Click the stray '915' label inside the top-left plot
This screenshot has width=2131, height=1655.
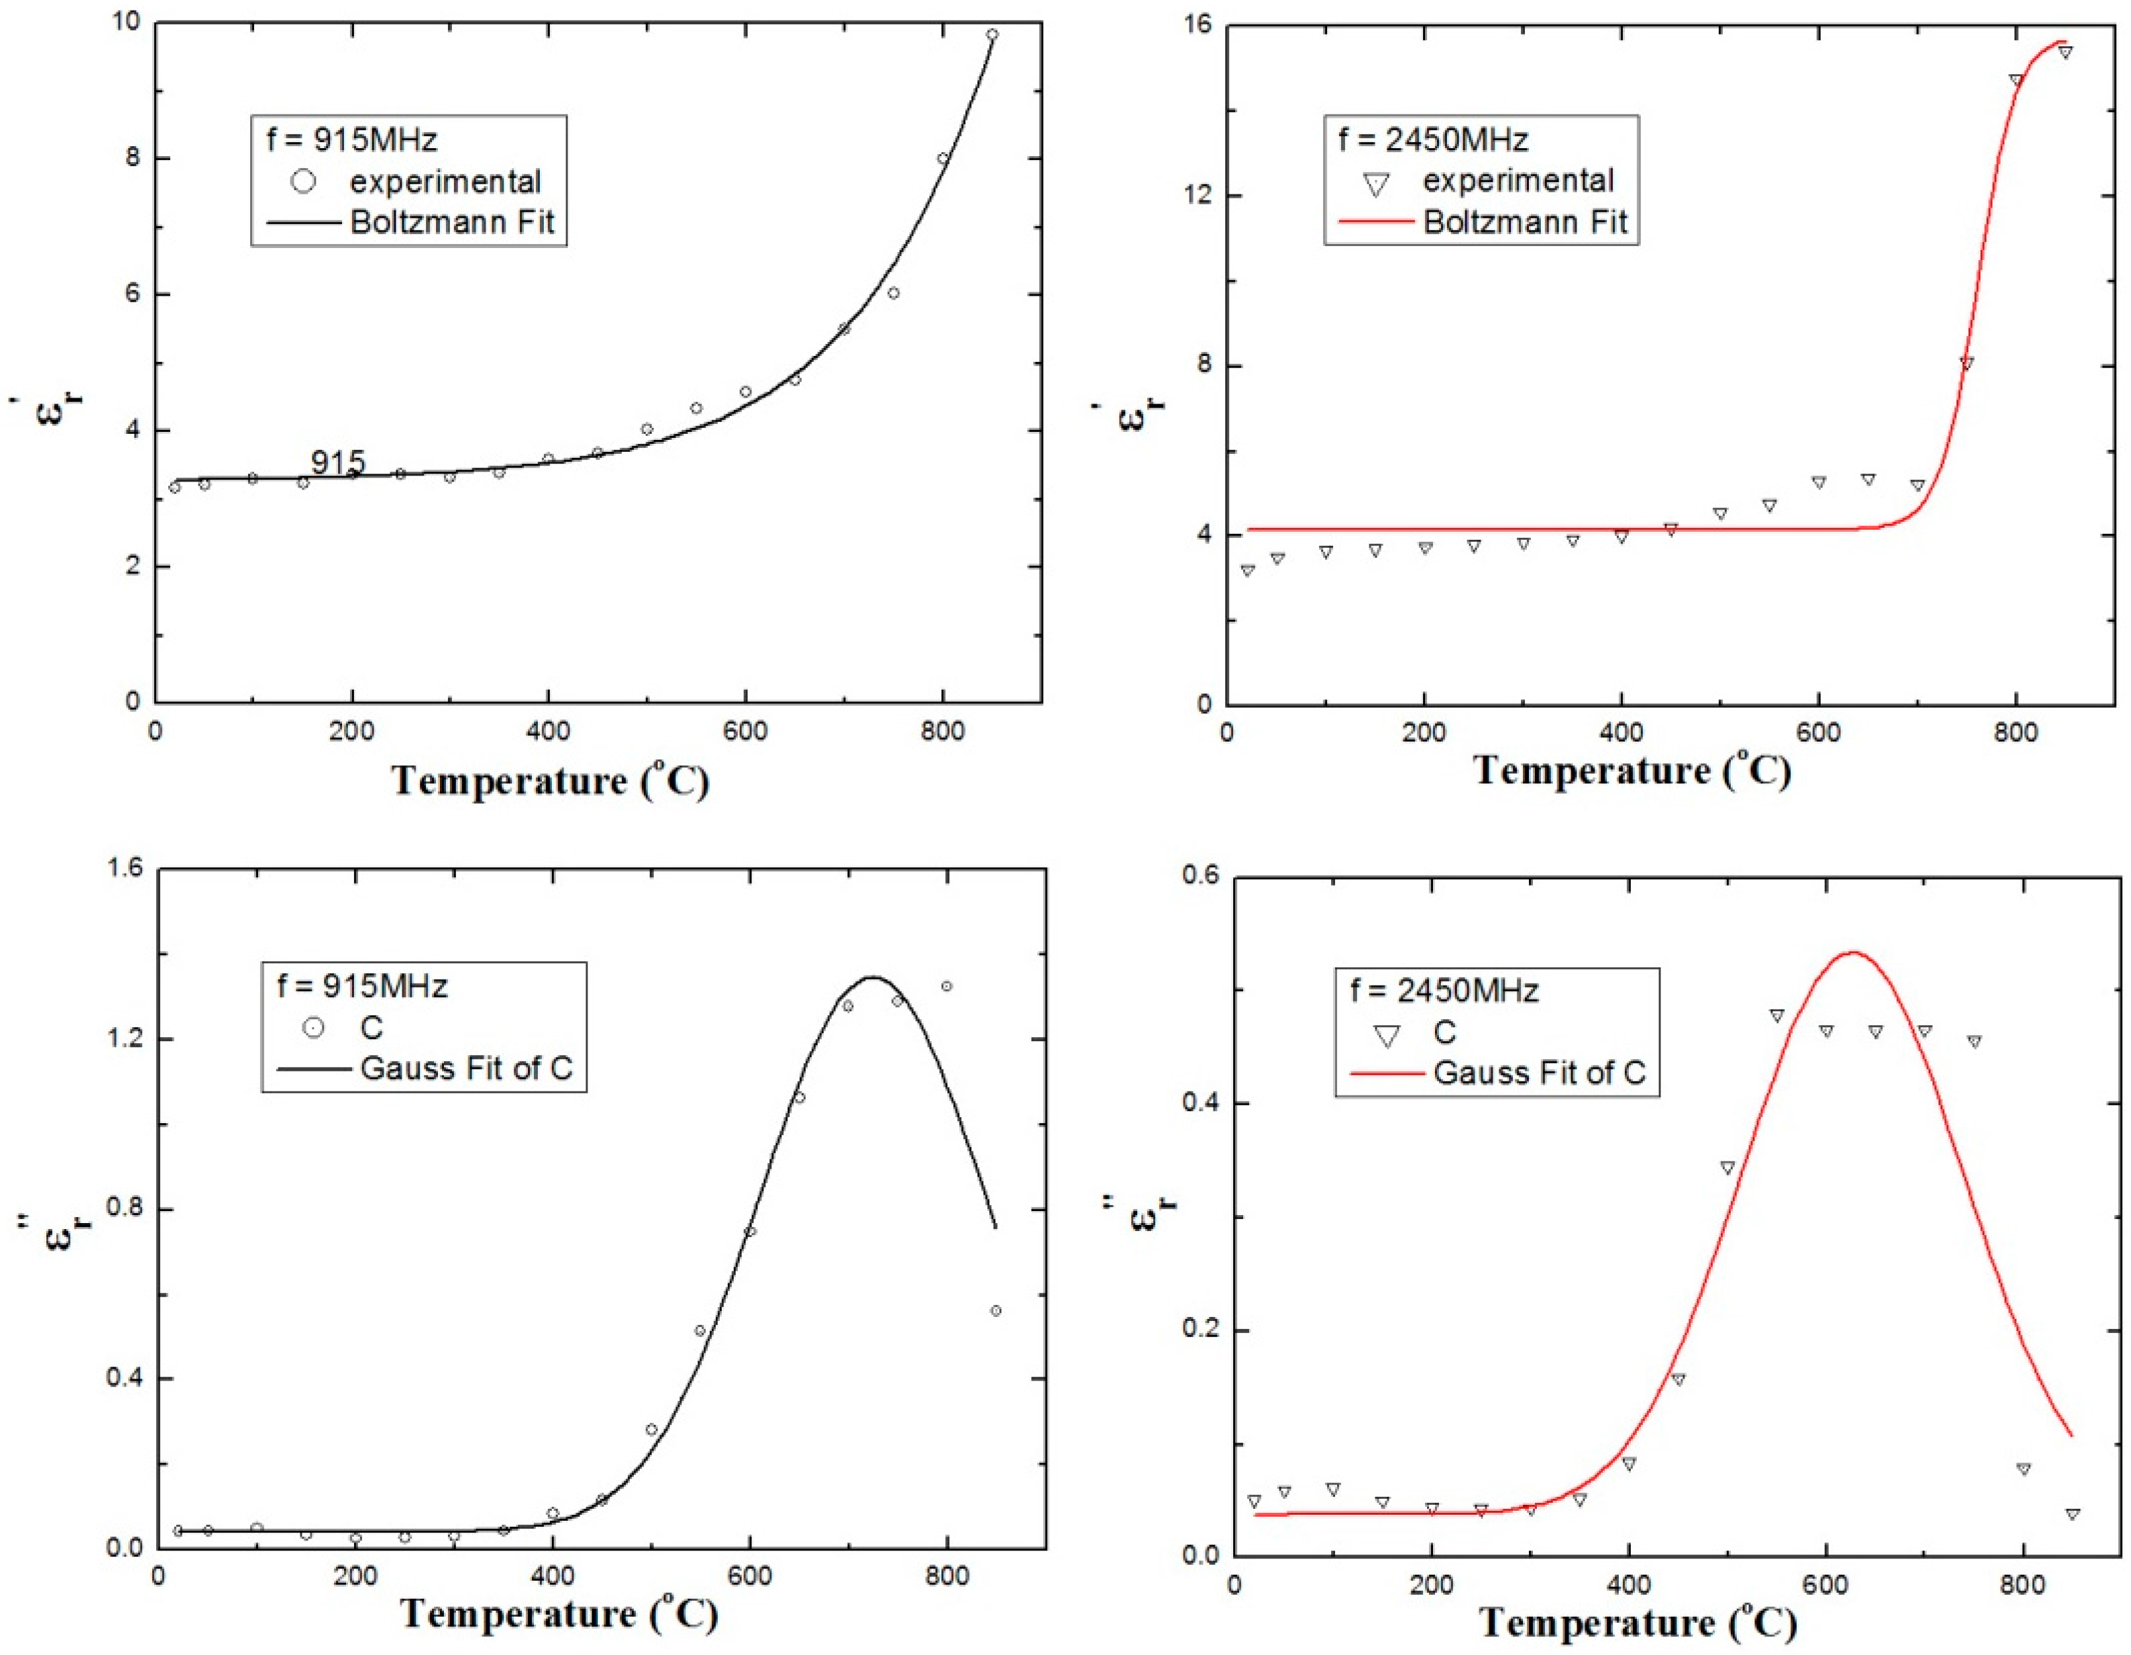tap(337, 462)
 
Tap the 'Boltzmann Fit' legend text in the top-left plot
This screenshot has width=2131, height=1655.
tap(452, 222)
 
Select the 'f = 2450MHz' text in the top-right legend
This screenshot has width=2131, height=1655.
tap(1432, 140)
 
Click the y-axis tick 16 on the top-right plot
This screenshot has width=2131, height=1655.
tap(1198, 24)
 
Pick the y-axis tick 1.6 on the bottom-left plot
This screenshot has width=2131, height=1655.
tap(123, 869)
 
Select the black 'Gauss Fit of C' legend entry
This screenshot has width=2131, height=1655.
tap(465, 1068)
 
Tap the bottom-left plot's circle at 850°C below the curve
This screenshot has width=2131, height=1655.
tap(995, 1310)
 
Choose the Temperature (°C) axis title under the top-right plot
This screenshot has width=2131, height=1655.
tap(1632, 772)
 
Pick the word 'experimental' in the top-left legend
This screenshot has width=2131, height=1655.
tap(445, 181)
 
